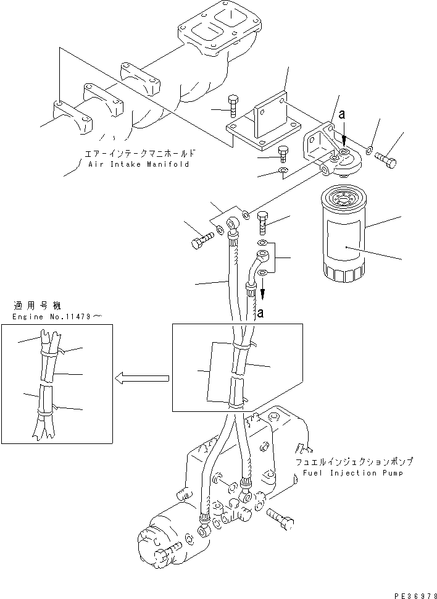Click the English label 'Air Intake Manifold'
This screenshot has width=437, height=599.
pyautogui.click(x=138, y=165)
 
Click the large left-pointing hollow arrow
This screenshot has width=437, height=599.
pyautogui.click(x=141, y=377)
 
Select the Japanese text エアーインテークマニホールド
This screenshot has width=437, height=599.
pyautogui.click(x=141, y=153)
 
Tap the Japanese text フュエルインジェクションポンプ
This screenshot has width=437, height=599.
pyautogui.click(x=353, y=461)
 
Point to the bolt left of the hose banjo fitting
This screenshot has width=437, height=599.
pyautogui.click(x=201, y=241)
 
